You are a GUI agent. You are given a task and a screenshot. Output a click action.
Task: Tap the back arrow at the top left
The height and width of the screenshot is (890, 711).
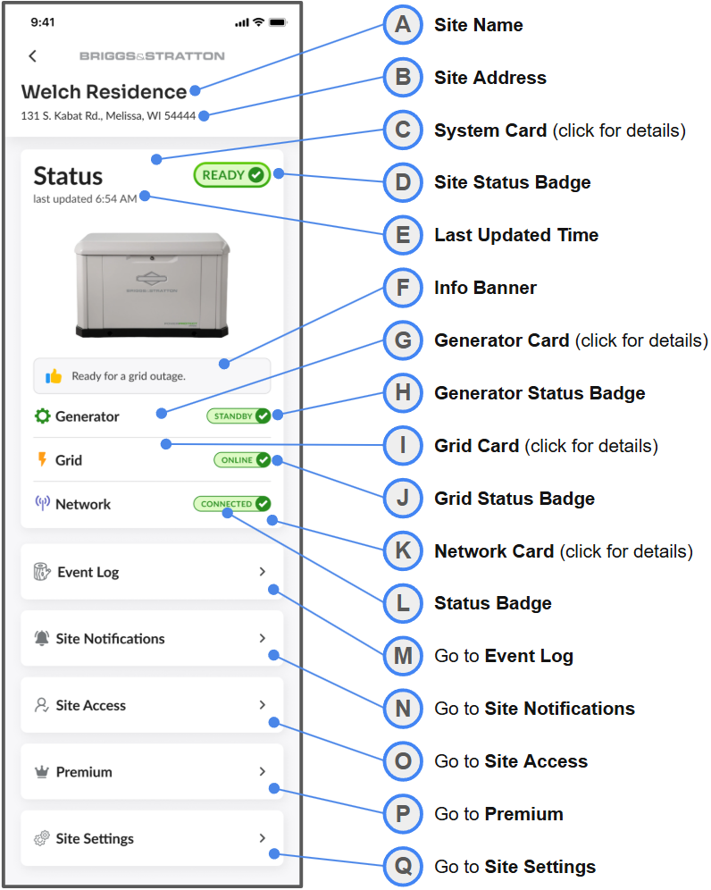pos(32,55)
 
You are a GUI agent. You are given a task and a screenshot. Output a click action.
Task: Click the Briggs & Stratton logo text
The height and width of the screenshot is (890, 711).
pos(152,55)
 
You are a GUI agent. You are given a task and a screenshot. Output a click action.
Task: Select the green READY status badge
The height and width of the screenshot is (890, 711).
pos(232,175)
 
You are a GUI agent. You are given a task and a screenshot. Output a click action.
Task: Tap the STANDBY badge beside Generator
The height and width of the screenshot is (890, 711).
pos(238,416)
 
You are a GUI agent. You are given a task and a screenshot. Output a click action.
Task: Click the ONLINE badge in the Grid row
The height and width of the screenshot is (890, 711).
pos(242,460)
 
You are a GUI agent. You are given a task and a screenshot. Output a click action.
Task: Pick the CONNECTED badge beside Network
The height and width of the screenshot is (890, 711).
pos(232,503)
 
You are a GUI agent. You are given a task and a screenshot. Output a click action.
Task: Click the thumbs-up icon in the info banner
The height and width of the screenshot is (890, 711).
pos(54,376)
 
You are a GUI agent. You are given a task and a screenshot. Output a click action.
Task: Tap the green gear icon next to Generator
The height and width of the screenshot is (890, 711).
pos(43,416)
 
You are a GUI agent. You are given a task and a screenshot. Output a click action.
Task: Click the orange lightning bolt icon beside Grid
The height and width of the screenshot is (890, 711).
pos(42,459)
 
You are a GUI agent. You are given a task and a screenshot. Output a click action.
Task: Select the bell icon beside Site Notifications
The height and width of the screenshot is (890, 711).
pos(41,638)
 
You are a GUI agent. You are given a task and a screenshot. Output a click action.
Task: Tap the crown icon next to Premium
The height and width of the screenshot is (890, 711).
pos(41,772)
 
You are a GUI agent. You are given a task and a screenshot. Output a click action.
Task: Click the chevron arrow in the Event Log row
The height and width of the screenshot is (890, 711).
pos(262,572)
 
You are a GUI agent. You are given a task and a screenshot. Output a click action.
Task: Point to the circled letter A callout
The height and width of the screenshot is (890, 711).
pos(403,24)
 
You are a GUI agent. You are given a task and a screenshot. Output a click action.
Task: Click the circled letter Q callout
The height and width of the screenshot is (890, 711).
pos(403,866)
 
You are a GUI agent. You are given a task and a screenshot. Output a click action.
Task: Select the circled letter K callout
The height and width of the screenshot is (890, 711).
pos(403,550)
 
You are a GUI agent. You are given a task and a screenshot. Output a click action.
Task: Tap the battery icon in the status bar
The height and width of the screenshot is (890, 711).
pos(278,22)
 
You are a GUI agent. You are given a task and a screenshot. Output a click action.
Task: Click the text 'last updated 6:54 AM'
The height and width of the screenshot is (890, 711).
pos(85,198)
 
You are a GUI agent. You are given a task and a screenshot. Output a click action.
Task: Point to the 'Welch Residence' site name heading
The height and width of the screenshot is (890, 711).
pos(104,91)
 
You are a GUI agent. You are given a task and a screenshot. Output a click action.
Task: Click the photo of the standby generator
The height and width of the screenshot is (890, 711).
pos(152,285)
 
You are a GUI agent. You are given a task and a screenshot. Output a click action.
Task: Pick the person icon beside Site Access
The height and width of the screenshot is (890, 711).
pos(41,705)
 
